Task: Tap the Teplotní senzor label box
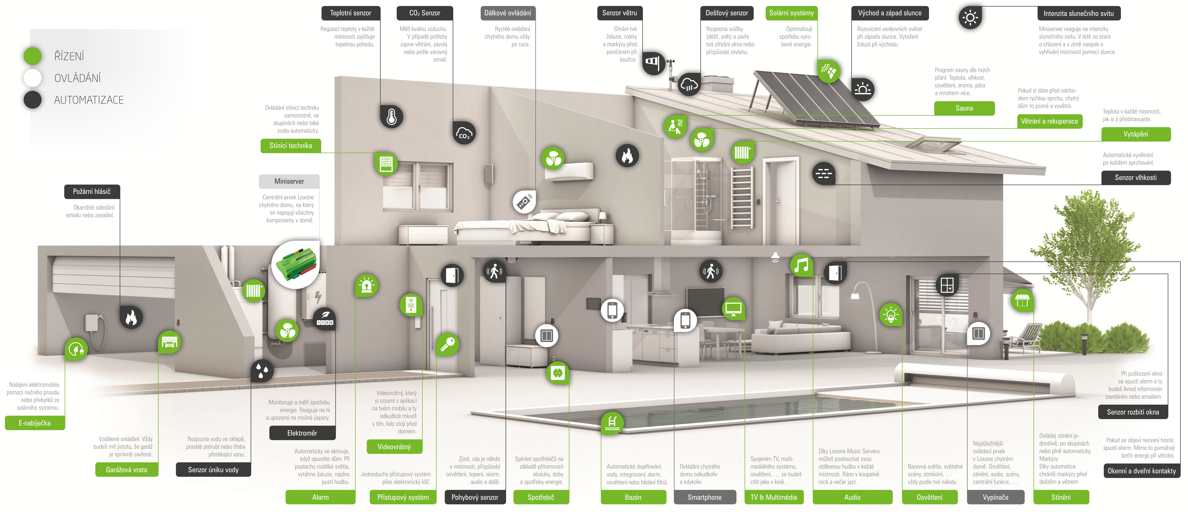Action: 350,13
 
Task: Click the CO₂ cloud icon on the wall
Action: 464,133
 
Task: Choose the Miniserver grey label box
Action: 289,181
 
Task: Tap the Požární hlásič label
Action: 92,191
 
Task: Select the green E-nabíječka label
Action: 35,423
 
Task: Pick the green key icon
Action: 447,344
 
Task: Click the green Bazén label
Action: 633,497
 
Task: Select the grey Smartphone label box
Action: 704,497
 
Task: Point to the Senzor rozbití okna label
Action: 1133,412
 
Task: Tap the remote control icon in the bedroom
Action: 524,202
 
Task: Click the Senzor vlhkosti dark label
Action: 1136,178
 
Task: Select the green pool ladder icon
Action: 612,422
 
